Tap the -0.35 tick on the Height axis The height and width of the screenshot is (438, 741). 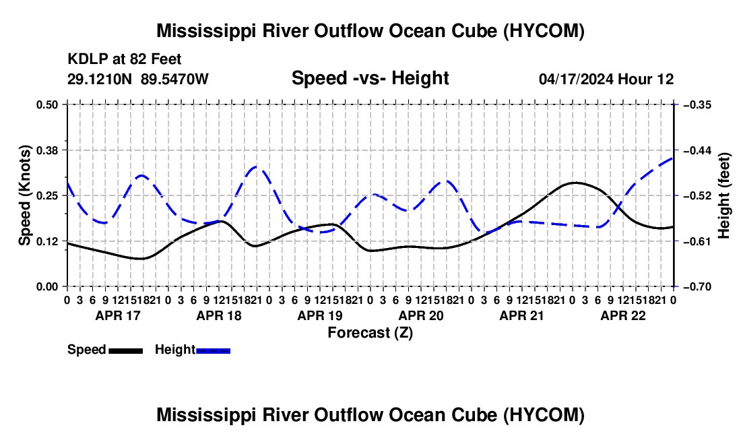point(697,104)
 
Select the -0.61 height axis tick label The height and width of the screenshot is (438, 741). point(697,241)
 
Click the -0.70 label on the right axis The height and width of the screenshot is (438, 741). point(697,287)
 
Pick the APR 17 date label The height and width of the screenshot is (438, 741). point(118,315)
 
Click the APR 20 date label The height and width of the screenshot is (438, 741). point(421,315)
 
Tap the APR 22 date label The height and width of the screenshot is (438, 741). point(623,315)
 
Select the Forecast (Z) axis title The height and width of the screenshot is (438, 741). point(370,333)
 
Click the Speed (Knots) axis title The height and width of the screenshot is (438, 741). point(24,195)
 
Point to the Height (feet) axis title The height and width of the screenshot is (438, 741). point(724,195)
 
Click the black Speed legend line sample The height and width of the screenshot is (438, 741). point(126,351)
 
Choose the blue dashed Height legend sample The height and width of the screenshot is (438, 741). point(213,351)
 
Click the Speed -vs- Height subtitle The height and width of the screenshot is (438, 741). point(370,78)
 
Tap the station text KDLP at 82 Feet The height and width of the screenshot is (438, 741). point(125,59)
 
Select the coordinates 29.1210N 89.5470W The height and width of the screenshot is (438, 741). point(137,79)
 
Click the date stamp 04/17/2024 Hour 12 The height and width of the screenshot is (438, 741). point(606,79)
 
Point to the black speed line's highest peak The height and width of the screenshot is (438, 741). point(575,183)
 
